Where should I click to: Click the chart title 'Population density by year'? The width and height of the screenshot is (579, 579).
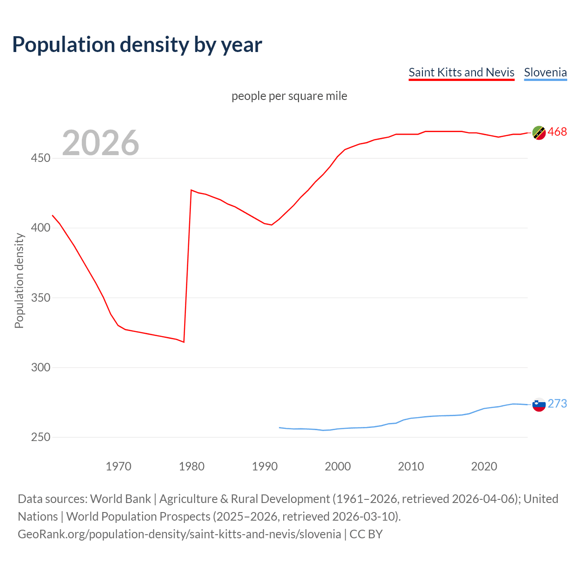(x=137, y=44)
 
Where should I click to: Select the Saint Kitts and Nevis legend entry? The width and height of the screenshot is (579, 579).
(x=461, y=72)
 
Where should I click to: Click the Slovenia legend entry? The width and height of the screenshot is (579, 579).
(x=545, y=72)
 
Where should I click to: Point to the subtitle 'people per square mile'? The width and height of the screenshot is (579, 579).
(x=289, y=96)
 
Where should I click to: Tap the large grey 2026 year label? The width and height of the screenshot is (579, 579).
(x=100, y=143)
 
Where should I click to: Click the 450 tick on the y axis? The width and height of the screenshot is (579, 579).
(x=41, y=158)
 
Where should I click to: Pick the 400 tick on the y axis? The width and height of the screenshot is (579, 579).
(x=41, y=228)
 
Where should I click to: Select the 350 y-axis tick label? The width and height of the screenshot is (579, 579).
(x=41, y=298)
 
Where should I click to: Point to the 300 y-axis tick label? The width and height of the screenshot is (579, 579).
(x=41, y=367)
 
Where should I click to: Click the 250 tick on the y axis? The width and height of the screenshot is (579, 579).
(x=41, y=437)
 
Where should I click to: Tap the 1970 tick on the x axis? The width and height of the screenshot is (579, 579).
(x=119, y=466)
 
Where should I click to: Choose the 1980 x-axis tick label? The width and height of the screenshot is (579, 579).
(x=191, y=466)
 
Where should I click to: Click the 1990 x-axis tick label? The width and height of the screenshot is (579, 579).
(x=265, y=466)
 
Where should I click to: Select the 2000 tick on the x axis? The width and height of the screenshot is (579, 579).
(x=338, y=466)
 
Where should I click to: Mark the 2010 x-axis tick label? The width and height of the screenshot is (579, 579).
(x=411, y=466)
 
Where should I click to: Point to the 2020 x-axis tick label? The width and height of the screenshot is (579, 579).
(x=484, y=466)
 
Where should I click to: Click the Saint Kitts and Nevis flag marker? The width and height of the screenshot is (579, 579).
(x=539, y=133)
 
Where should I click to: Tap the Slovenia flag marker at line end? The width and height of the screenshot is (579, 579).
(x=539, y=404)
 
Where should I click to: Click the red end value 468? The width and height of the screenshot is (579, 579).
(x=557, y=132)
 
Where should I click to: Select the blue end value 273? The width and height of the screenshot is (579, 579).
(x=557, y=403)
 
